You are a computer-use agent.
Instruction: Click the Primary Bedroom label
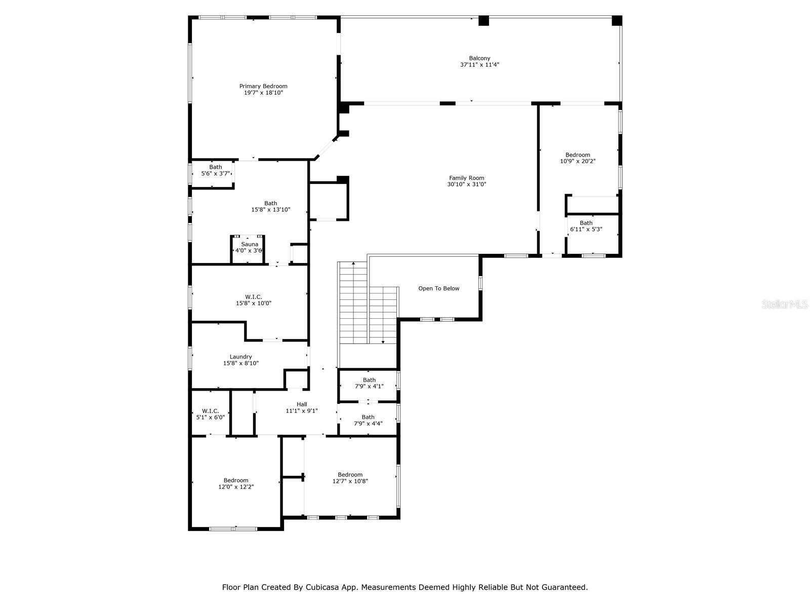[263, 86]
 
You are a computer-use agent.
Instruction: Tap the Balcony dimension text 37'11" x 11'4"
[479, 65]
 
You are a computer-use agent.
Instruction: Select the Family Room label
[466, 178]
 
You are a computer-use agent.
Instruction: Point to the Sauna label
[250, 244]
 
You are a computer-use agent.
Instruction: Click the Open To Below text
[439, 288]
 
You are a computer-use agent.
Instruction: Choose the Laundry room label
[240, 357]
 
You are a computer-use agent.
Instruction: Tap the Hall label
[302, 404]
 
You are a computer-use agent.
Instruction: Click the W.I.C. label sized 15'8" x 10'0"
[254, 297]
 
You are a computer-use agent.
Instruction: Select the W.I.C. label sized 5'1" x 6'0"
[210, 411]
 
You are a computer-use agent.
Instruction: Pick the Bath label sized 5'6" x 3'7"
[216, 167]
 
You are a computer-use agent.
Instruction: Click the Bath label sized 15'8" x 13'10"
[270, 203]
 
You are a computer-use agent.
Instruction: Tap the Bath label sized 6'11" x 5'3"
[586, 222]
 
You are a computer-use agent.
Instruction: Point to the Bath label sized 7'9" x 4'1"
[369, 380]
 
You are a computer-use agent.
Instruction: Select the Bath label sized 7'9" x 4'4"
[368, 417]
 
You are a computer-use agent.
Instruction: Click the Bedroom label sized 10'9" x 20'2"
[578, 155]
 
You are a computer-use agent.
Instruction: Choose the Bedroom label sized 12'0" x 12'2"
[236, 480]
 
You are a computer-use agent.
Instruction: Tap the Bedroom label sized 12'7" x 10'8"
[350, 475]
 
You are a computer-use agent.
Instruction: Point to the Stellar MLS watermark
[785, 304]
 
